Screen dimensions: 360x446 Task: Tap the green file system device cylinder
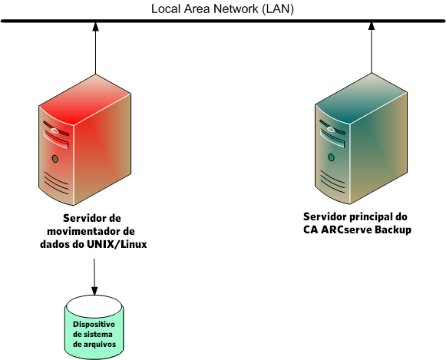(94, 329)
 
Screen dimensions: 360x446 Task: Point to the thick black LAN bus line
(223, 21)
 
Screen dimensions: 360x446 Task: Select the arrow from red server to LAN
(94, 54)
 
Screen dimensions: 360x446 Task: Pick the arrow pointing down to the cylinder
(94, 276)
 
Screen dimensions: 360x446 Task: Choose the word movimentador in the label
(86, 232)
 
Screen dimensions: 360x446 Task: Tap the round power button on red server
(55, 159)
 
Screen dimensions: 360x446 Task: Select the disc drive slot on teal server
(332, 142)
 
